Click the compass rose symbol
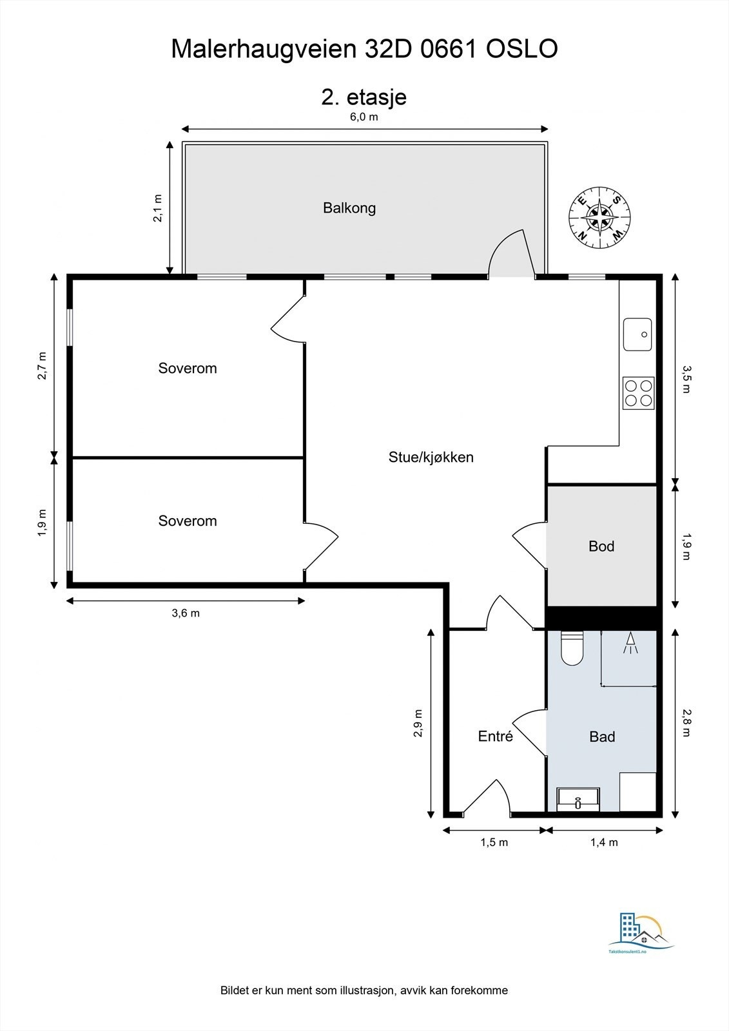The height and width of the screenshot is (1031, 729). pos(599,218)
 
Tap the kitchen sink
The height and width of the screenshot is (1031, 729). pos(637,334)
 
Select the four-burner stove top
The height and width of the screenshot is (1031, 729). pos(638,393)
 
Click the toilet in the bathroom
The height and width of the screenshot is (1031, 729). pos(572,648)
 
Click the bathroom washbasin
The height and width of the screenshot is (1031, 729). pos(578,799)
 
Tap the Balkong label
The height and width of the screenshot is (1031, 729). pos(349,208)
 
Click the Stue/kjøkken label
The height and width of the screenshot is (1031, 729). pos(431,458)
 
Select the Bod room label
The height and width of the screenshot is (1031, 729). pos(601,546)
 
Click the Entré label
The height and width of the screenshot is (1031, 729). pos(495,736)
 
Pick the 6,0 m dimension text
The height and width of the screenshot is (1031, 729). pos(364,117)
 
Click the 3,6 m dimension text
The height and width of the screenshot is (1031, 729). pos(186,613)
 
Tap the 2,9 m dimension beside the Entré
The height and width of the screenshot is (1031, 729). pos(418,724)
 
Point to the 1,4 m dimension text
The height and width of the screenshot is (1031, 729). pos(604,842)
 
